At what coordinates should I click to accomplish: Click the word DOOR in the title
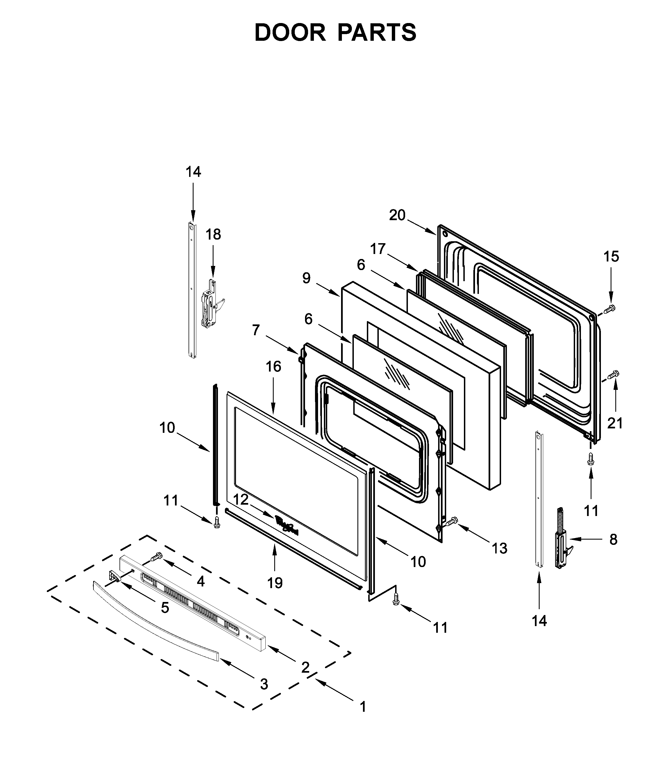tap(290, 33)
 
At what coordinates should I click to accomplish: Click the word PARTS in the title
tap(377, 33)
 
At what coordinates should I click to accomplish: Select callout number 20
tap(397, 215)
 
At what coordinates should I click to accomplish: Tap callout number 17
tap(378, 249)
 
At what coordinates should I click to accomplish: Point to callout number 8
tap(613, 539)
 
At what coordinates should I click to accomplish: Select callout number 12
tap(241, 499)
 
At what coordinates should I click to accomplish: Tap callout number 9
tap(306, 278)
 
